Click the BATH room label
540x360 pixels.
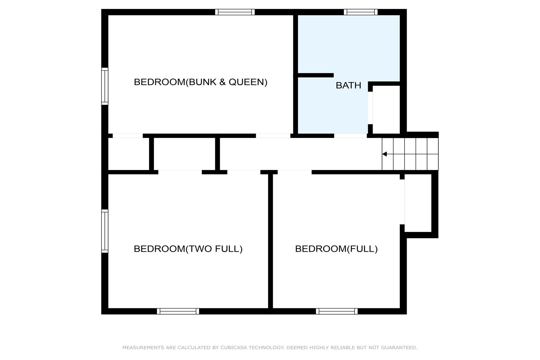pos(348,85)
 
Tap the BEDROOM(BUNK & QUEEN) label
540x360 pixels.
pos(201,82)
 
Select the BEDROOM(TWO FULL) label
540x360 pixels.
pos(188,249)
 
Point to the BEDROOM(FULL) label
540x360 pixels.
pos(336,249)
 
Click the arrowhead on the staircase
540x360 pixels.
pos(384,154)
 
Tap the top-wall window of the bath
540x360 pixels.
pos(361,12)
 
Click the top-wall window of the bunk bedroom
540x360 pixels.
pos(235,12)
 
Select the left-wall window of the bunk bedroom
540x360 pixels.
pos(105,86)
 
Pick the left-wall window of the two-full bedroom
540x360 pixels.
pos(105,231)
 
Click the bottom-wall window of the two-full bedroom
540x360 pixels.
pos(178,311)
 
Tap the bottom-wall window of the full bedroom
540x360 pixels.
pos(337,311)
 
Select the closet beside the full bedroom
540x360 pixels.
pos(418,203)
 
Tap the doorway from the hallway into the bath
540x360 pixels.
pos(350,136)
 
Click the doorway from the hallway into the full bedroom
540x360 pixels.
pos(294,172)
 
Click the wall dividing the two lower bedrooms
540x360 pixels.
pos(270,241)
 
